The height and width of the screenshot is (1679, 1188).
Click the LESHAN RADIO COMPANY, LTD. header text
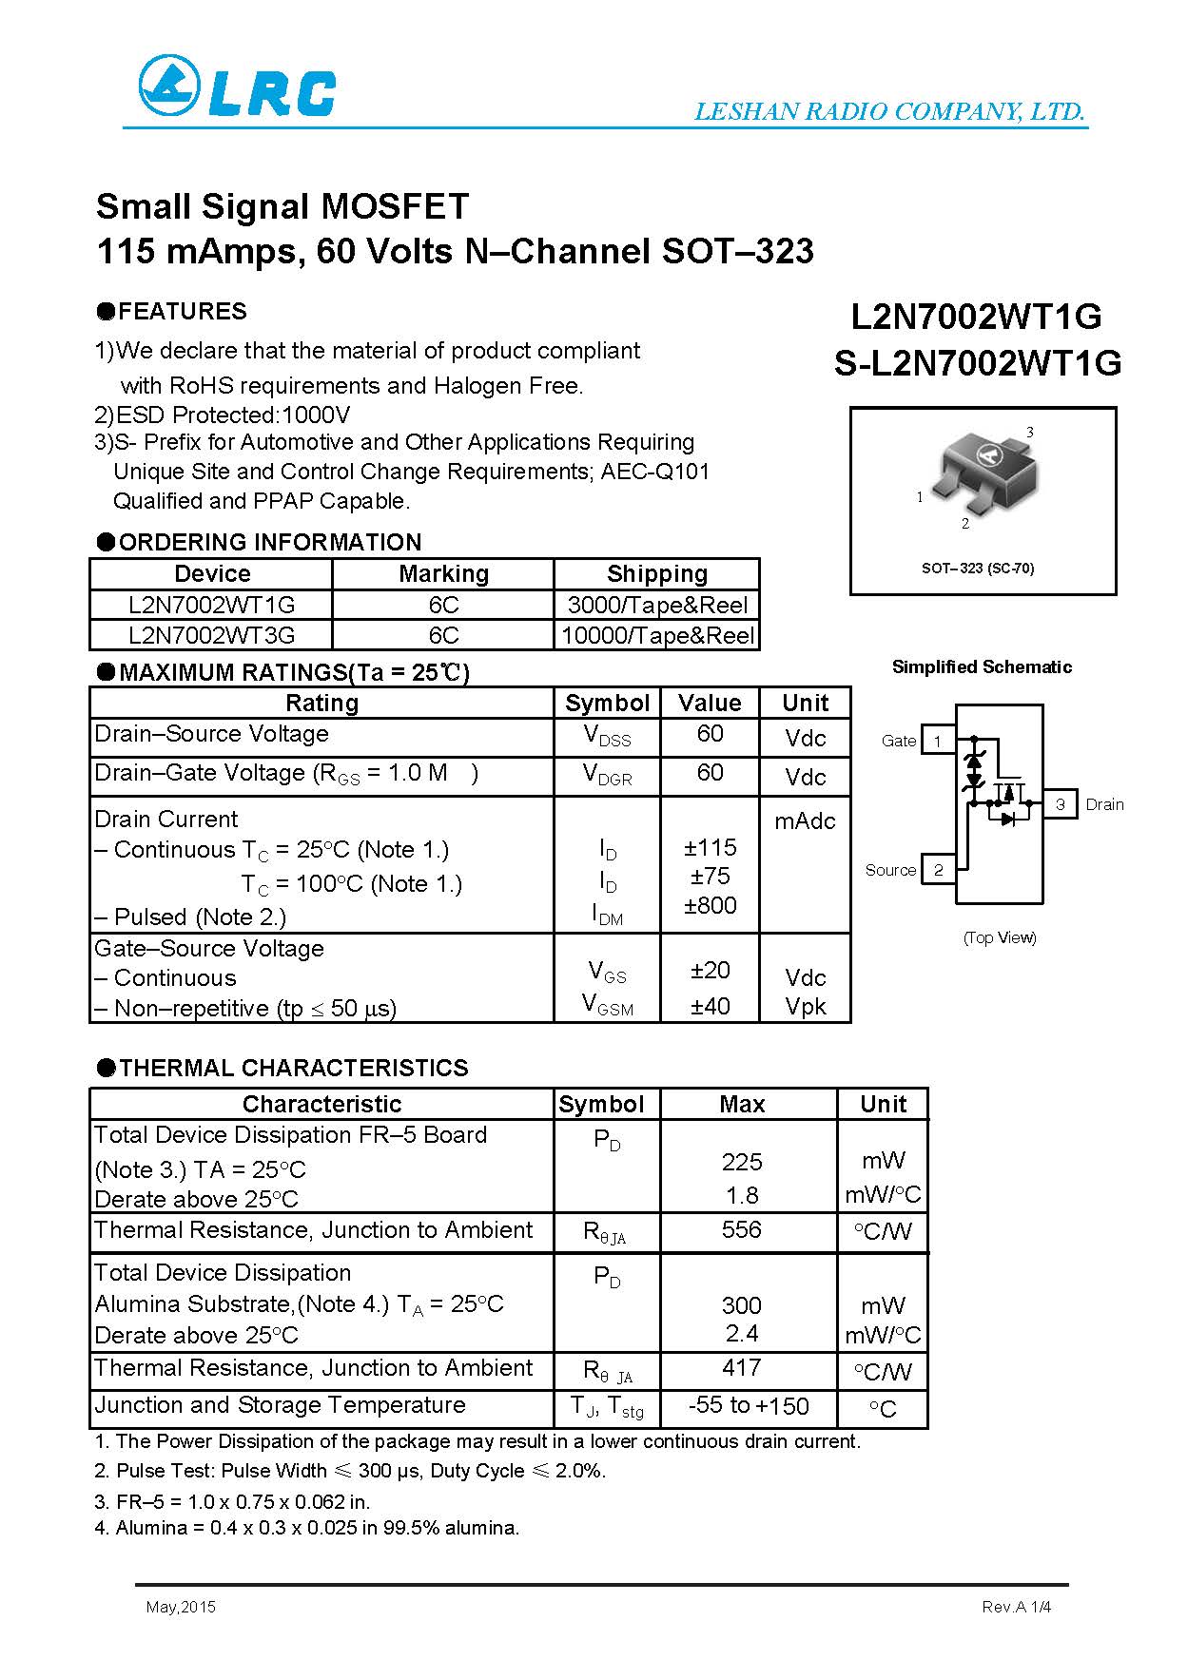point(889,111)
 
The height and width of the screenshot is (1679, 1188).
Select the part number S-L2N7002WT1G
point(978,363)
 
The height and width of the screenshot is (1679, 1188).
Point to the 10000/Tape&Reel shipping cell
point(657,635)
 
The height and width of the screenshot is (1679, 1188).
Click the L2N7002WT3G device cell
point(211,635)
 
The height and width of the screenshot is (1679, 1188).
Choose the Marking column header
point(443,573)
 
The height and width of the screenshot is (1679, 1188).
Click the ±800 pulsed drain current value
point(711,905)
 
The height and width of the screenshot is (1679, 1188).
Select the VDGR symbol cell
point(607,776)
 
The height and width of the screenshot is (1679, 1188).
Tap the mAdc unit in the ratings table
point(805,820)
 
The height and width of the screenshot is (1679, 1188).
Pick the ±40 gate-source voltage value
point(711,1005)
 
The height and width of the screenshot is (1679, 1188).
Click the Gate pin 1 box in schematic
point(938,741)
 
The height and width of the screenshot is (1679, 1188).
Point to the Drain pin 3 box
point(1061,804)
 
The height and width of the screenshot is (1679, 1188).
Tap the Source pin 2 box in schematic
point(939,870)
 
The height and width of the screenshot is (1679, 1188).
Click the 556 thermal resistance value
point(742,1229)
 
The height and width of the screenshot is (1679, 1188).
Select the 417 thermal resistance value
point(742,1367)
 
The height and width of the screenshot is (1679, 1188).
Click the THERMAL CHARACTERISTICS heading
point(293,1068)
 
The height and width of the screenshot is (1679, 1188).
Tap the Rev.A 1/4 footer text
point(1016,1607)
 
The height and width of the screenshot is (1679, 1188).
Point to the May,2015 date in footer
point(181,1607)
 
